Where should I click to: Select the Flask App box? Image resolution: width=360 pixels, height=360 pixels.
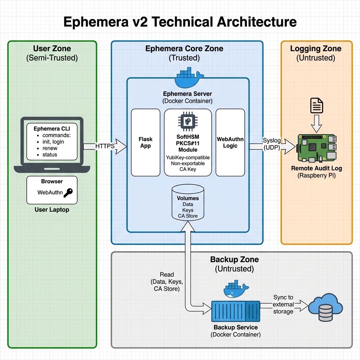tap(145, 142)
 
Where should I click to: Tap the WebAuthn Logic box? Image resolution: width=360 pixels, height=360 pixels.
tap(230, 142)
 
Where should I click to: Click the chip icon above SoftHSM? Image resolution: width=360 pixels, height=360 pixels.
tap(188, 122)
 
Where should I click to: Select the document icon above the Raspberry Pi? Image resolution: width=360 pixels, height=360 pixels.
tap(316, 105)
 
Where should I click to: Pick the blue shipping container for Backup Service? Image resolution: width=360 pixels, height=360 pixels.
tap(235, 311)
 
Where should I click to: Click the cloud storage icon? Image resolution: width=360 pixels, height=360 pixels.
tap(325, 307)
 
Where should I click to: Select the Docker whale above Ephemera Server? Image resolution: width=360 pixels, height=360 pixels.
tap(189, 79)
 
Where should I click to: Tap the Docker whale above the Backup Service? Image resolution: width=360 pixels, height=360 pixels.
tap(236, 290)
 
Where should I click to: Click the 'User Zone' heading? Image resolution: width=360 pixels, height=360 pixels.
tap(52, 49)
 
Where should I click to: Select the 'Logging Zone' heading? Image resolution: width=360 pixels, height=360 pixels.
tap(316, 49)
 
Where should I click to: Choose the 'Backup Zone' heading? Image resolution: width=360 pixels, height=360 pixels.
tap(234, 260)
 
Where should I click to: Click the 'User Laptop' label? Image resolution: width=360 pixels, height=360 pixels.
tap(52, 210)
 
